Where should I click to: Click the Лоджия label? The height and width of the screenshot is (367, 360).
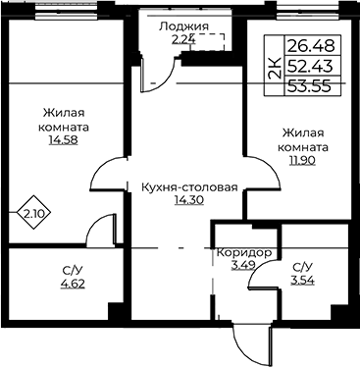[x=183, y=26]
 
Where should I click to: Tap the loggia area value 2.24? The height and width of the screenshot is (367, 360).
[x=183, y=40]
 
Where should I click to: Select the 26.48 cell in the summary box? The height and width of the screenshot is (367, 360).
[x=311, y=46]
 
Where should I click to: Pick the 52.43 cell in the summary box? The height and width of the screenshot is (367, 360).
[x=310, y=67]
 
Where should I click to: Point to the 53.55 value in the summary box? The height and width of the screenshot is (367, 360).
[x=309, y=86]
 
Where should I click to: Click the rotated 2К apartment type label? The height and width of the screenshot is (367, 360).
[x=275, y=69]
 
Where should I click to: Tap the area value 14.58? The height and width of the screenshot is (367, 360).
[x=63, y=140]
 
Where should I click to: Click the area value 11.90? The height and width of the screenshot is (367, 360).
[x=303, y=160]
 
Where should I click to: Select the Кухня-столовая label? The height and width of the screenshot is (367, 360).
[x=189, y=187]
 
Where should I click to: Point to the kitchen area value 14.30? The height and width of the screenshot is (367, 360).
[x=189, y=200]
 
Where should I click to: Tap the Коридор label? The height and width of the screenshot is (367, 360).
[x=244, y=253]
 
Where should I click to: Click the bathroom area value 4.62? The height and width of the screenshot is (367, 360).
[x=73, y=284]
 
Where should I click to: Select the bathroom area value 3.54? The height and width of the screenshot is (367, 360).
[x=303, y=281]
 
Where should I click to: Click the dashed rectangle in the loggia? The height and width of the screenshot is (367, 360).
[x=207, y=42]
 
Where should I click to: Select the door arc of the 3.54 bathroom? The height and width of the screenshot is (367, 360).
[x=257, y=267]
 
